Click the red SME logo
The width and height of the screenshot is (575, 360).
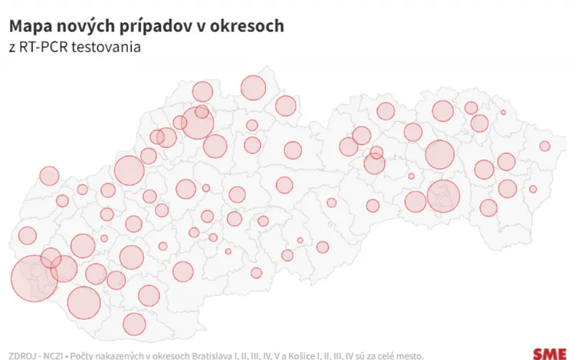(549, 353)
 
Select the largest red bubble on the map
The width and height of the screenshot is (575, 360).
(34, 278)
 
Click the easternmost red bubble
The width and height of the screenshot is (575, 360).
(545, 146)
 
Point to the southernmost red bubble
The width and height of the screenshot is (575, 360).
(134, 324)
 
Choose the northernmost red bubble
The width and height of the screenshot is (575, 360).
(254, 88)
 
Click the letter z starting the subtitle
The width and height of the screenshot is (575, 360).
(12, 48)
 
